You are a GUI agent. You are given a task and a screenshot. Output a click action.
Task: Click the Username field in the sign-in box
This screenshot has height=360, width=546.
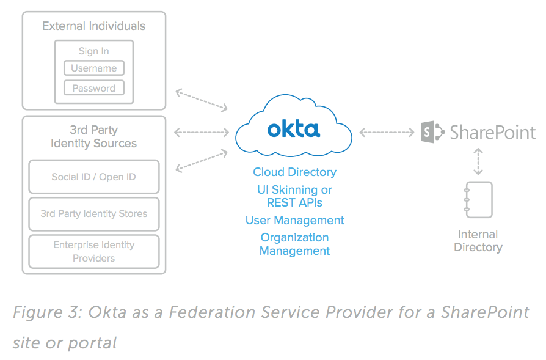click(x=94, y=68)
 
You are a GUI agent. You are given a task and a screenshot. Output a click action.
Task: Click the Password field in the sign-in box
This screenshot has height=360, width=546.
click(x=94, y=88)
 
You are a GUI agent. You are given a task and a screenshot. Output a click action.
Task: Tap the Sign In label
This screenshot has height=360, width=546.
click(x=94, y=51)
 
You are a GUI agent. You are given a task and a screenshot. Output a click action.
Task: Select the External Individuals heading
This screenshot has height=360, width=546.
click(x=94, y=26)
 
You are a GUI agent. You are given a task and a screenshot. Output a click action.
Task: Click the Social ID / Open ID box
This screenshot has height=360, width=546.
click(x=94, y=177)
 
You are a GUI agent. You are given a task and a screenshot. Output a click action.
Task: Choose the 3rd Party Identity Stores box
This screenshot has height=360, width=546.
click(x=94, y=214)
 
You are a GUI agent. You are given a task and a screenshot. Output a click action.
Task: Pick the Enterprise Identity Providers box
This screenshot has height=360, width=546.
click(x=94, y=251)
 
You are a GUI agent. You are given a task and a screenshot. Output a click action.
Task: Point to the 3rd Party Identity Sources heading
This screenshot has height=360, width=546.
click(x=94, y=137)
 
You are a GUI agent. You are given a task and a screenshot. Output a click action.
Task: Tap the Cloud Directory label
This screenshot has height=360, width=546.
click(x=294, y=172)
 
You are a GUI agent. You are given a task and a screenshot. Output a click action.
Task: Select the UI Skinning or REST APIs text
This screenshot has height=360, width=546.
click(x=294, y=196)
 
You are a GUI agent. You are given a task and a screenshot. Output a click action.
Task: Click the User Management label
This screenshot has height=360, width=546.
click(x=294, y=220)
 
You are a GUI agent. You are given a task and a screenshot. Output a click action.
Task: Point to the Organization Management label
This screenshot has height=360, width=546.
click(x=294, y=244)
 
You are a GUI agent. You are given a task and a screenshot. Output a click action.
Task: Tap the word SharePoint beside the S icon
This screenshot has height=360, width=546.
click(x=492, y=132)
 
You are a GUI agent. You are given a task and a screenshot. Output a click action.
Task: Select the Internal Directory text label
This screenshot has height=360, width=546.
click(x=478, y=241)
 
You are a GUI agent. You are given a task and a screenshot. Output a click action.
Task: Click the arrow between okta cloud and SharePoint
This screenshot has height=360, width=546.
click(x=387, y=131)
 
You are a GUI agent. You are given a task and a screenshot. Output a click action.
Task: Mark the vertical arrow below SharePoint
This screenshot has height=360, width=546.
click(x=478, y=161)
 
